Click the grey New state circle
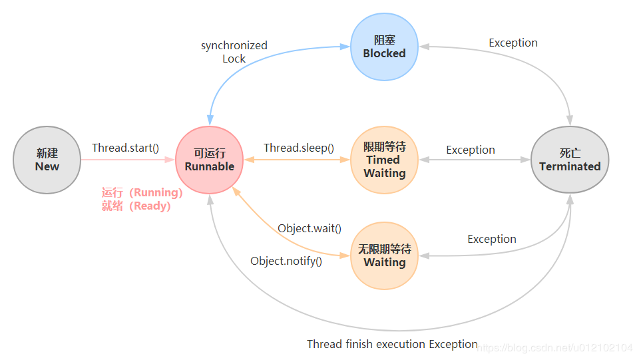pos(47,160)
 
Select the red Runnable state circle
pos(209,160)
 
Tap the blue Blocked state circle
pos(384,47)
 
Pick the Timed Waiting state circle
pos(384,160)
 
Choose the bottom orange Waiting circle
pos(384,256)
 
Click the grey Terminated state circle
pos(570,160)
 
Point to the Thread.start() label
pos(125,148)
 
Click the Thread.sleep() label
pos(299,148)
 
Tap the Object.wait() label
pos(310,228)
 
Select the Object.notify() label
pos(286,261)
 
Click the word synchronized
pos(234,45)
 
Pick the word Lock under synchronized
pos(234,59)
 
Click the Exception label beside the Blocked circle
pos(513,43)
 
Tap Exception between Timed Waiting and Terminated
pos(471,150)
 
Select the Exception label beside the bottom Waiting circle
pos(492,239)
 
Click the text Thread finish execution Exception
pos(392,344)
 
